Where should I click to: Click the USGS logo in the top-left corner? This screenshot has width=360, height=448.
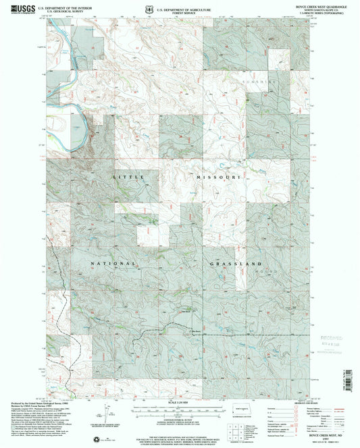pyautogui.click(x=18, y=7)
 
